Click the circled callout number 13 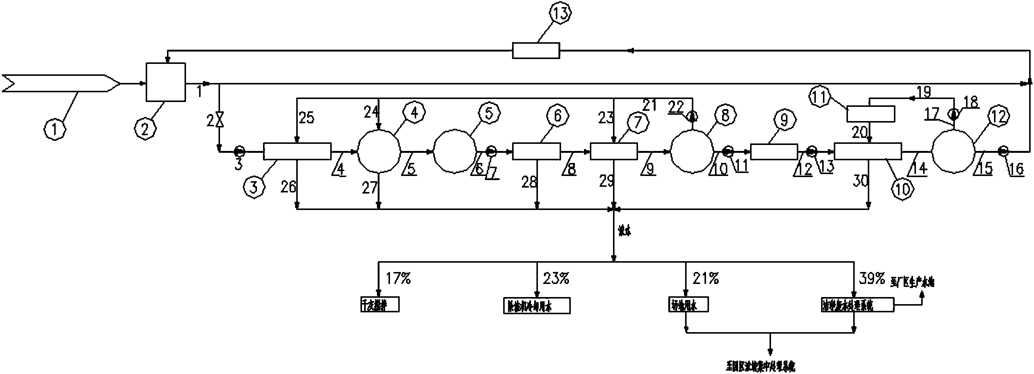(x=560, y=14)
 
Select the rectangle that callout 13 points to (x=536, y=50)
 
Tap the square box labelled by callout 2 (x=166, y=82)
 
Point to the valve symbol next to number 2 (x=219, y=120)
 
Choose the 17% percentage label (x=398, y=278)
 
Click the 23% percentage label (x=556, y=278)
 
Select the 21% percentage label (x=706, y=278)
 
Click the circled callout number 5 (x=489, y=114)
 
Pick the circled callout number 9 (x=783, y=120)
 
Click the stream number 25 (x=306, y=118)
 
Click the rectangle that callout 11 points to (x=871, y=114)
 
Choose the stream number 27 (x=370, y=188)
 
